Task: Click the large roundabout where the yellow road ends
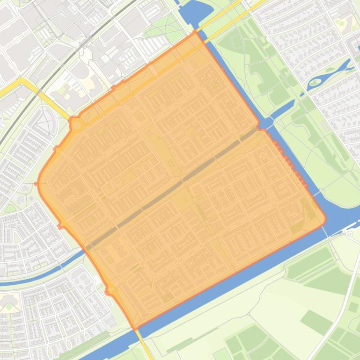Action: click(x=77, y=125)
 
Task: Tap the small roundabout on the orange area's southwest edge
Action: click(x=111, y=290)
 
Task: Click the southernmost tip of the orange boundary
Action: click(x=135, y=329)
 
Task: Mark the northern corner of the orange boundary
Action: click(x=196, y=32)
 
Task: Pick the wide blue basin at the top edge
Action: click(x=206, y=14)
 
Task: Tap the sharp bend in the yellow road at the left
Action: click(x=22, y=80)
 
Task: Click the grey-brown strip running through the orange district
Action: click(x=173, y=187)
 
